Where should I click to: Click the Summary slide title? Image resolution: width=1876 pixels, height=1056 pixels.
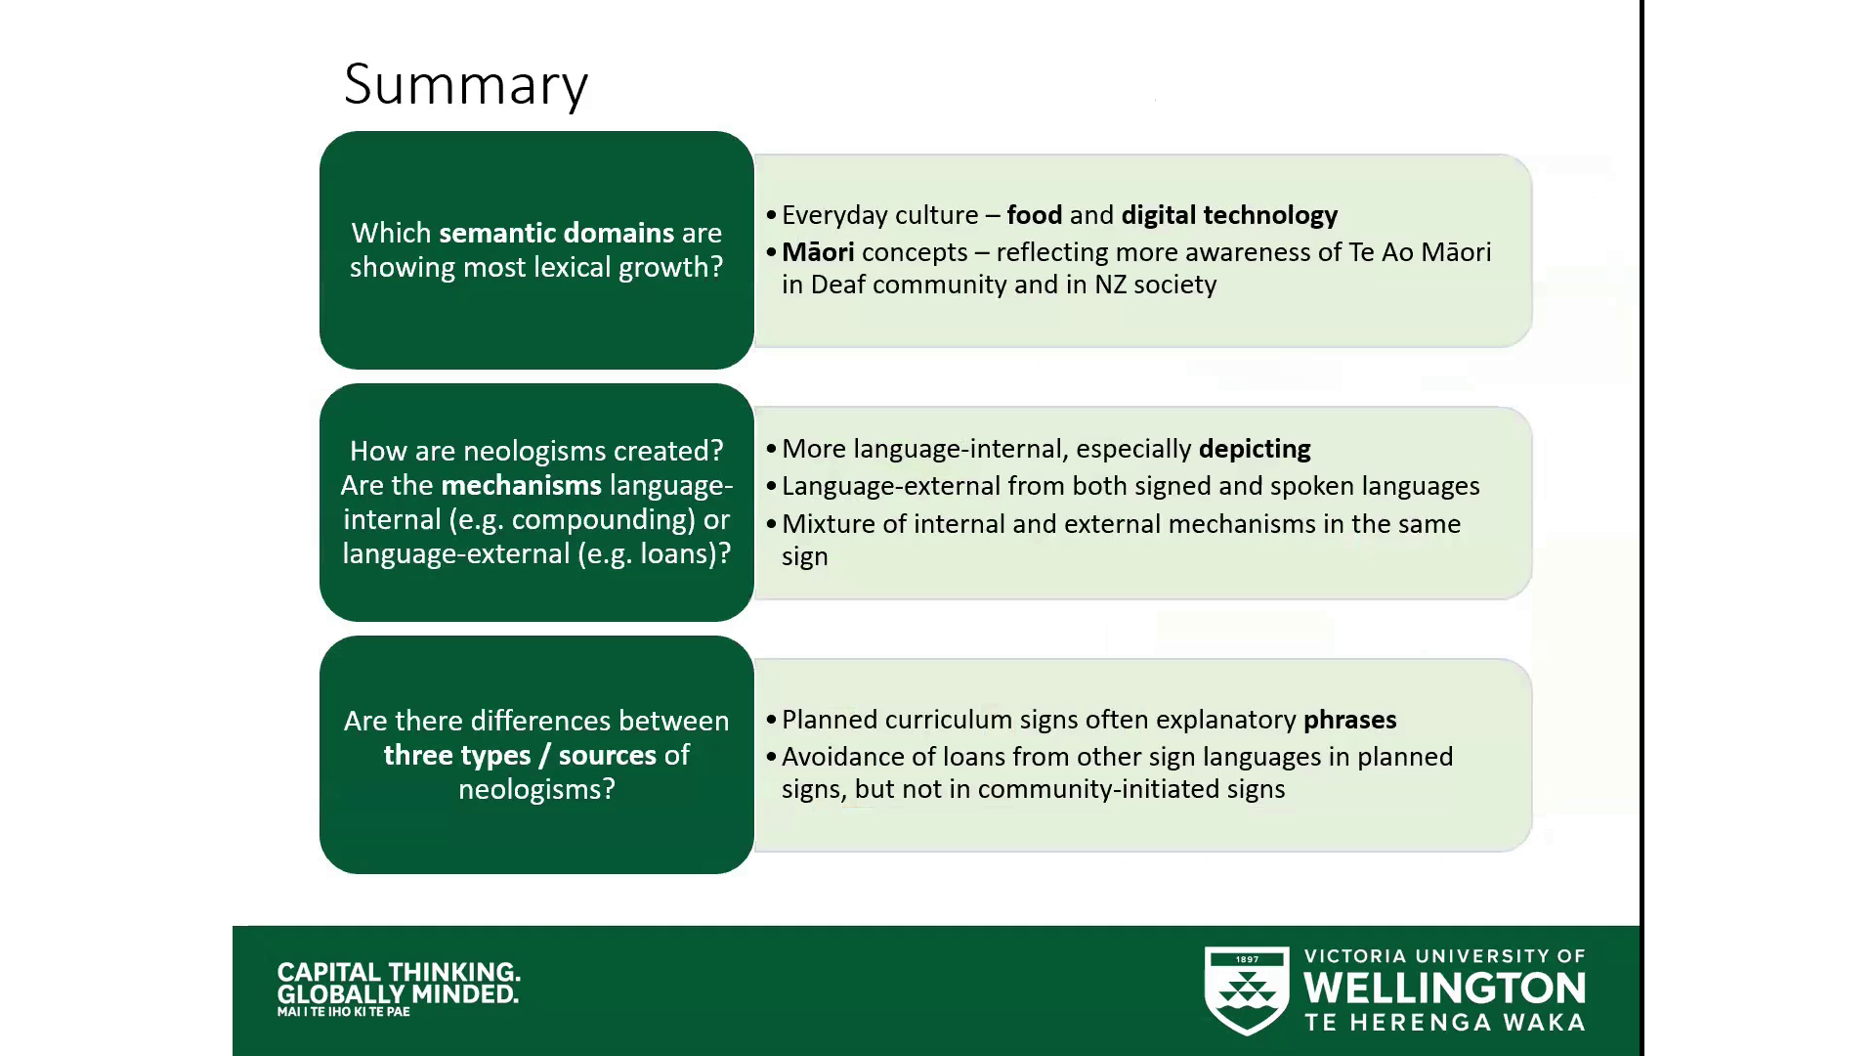[465, 84]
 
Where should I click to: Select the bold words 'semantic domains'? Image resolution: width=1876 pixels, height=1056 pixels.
[556, 233]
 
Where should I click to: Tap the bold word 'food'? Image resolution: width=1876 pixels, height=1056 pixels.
[1034, 215]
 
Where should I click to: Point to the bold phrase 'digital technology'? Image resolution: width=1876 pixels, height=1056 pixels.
[1229, 215]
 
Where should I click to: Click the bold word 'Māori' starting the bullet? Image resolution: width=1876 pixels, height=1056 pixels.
[818, 252]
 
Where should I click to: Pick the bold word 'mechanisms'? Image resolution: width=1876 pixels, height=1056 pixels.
[521, 485]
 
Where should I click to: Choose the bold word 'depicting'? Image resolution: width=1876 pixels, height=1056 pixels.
[1255, 449]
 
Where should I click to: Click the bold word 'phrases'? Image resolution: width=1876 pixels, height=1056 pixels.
[1349, 720]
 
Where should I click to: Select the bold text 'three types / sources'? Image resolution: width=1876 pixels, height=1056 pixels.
[519, 755]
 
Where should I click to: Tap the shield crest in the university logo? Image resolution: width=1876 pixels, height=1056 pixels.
[1247, 990]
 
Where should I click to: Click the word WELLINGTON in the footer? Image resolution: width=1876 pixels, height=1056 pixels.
[1444, 989]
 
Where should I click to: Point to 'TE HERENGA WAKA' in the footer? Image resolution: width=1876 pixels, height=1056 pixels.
[1444, 1023]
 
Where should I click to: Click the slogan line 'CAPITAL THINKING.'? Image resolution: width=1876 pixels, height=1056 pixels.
[399, 972]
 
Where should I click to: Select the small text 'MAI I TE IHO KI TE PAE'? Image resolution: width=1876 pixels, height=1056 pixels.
[343, 1012]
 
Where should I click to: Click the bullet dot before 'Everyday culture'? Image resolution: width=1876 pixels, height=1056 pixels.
[771, 215]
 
